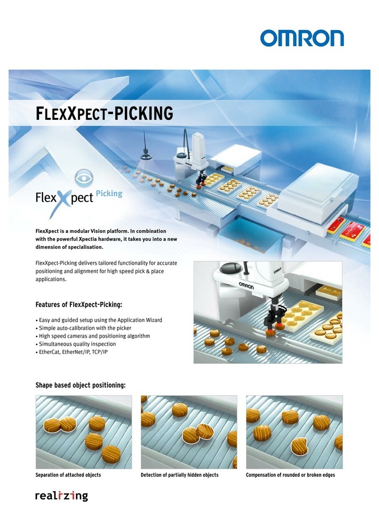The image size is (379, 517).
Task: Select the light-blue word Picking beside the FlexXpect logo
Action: pos(109,193)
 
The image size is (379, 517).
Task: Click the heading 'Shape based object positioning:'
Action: pos(81,386)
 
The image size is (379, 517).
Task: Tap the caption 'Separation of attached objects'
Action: pos(68,475)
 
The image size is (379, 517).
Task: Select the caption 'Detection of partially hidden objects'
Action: pos(180,475)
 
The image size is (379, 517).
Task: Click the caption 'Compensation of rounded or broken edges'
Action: pos(290,475)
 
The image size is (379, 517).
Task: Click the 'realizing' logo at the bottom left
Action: pos(61,496)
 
